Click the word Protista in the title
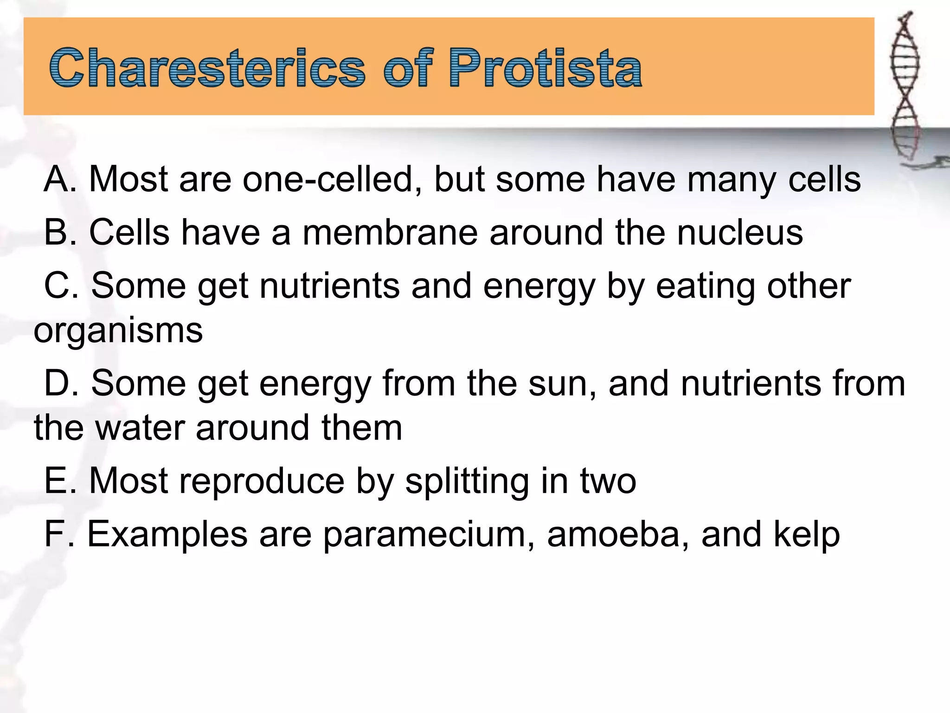(x=545, y=69)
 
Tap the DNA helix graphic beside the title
(x=905, y=88)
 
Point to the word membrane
(x=390, y=233)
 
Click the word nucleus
(x=740, y=233)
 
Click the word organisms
(x=118, y=331)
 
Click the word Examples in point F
(x=167, y=535)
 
